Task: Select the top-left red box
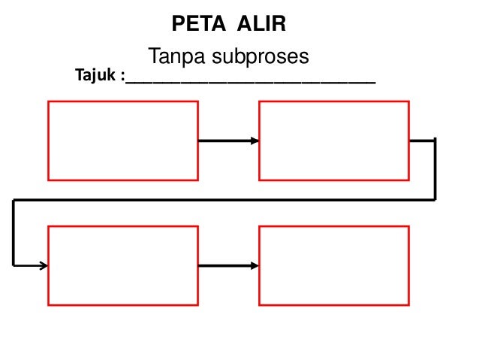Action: click(x=123, y=141)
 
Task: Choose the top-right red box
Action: click(x=334, y=141)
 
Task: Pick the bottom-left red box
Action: click(x=123, y=265)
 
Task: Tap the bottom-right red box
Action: click(x=334, y=265)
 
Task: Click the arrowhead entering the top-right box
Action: click(x=255, y=141)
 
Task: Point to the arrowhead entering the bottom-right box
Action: click(x=255, y=265)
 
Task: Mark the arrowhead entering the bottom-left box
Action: click(x=44, y=265)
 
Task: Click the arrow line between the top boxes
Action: click(x=225, y=141)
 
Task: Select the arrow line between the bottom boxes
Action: click(x=225, y=265)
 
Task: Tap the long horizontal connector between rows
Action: click(x=225, y=200)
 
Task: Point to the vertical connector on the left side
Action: click(x=14, y=233)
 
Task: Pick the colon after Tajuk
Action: click(x=122, y=77)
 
